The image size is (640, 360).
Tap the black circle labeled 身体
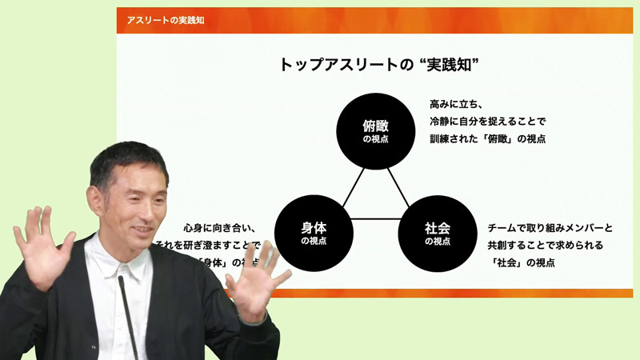tap(313, 233)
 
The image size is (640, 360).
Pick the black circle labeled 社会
tap(437, 233)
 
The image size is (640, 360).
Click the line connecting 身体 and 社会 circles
tap(374, 219)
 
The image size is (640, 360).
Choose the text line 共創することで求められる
tap(544, 245)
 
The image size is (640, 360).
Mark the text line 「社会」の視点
tap(521, 262)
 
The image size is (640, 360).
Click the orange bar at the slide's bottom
tap(448, 293)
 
